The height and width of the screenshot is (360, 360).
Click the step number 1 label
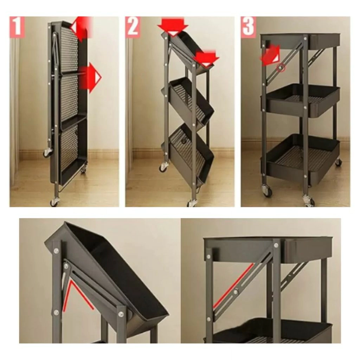[17, 27]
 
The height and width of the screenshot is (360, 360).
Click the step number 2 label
[133, 27]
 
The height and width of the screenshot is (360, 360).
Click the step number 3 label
[249, 27]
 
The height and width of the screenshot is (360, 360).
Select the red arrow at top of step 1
[82, 27]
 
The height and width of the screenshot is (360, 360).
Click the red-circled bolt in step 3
[280, 68]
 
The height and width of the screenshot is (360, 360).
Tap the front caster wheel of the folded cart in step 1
[54, 202]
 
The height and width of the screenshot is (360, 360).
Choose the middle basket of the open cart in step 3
[300, 100]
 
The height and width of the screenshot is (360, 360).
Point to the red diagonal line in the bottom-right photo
[233, 285]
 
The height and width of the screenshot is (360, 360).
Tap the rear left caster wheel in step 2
[164, 167]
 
